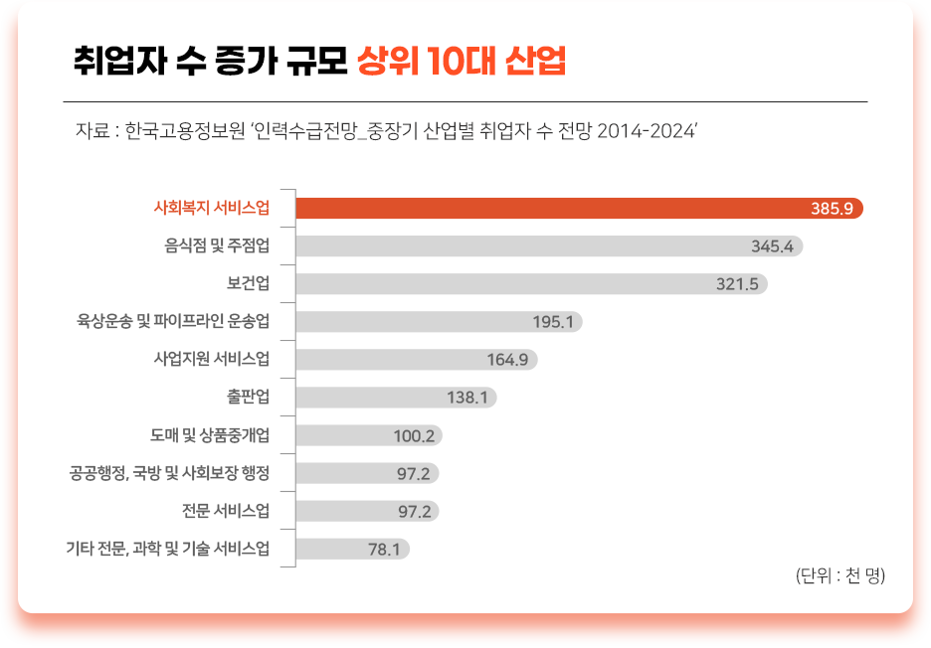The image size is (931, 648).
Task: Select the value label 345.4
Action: click(x=772, y=246)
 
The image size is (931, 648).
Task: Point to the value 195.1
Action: click(x=553, y=322)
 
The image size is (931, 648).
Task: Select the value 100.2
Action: click(x=415, y=435)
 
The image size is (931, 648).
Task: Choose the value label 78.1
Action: click(x=384, y=549)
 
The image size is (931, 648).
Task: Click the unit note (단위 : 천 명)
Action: click(x=839, y=574)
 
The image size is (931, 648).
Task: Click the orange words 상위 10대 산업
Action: click(x=461, y=62)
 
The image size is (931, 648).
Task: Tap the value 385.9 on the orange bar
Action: click(x=832, y=209)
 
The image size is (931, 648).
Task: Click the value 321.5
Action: click(x=737, y=284)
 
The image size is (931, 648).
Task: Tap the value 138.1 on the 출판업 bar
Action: click(x=466, y=398)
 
